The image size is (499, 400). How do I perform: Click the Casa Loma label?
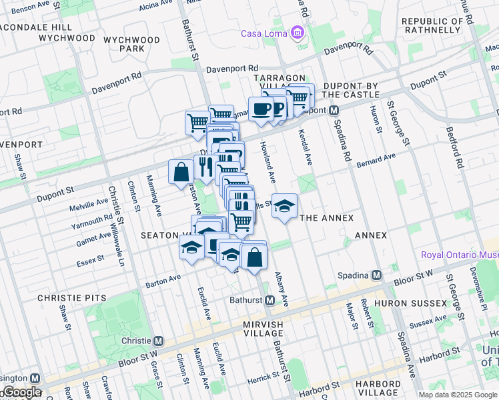click(x=264, y=34)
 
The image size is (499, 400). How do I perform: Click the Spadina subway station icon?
click(x=377, y=275)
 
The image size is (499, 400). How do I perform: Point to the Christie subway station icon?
click(x=159, y=341)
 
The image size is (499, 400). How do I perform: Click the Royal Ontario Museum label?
click(x=460, y=255)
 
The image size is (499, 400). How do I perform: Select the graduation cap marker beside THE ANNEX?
click(x=284, y=207)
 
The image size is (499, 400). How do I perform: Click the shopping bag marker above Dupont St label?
click(x=181, y=173)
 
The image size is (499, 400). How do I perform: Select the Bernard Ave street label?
click(x=376, y=160)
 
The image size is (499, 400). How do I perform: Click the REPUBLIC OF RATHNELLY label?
click(x=432, y=25)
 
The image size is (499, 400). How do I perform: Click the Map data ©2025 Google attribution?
click(x=456, y=395)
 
